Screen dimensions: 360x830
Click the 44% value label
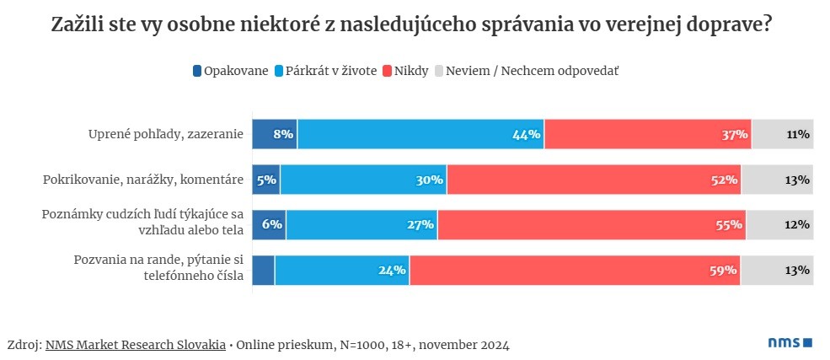[x=526, y=134]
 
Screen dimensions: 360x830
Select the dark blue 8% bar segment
[x=275, y=134]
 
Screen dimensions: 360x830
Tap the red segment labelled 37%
[x=647, y=134]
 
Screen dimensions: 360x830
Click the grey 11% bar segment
[x=782, y=134]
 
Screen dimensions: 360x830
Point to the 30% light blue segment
[x=363, y=180]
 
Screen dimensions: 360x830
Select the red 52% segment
[x=593, y=180]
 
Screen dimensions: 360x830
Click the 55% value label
[x=729, y=225]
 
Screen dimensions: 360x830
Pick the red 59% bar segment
[x=575, y=271]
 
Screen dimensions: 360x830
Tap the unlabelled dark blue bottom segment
[x=264, y=271]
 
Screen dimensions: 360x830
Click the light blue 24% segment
[x=341, y=271]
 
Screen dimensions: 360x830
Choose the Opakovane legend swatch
[x=197, y=71]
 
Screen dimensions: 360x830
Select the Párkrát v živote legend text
[x=331, y=71]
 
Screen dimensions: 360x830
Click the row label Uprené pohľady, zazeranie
[x=166, y=134]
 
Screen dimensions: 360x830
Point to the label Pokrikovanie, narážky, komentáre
[x=143, y=180]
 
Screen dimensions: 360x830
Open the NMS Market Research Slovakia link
[x=136, y=345]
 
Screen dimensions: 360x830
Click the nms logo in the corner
[x=790, y=343]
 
